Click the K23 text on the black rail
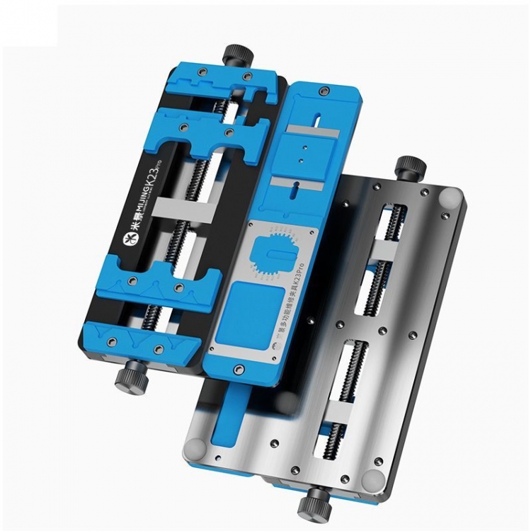point(152,183)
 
